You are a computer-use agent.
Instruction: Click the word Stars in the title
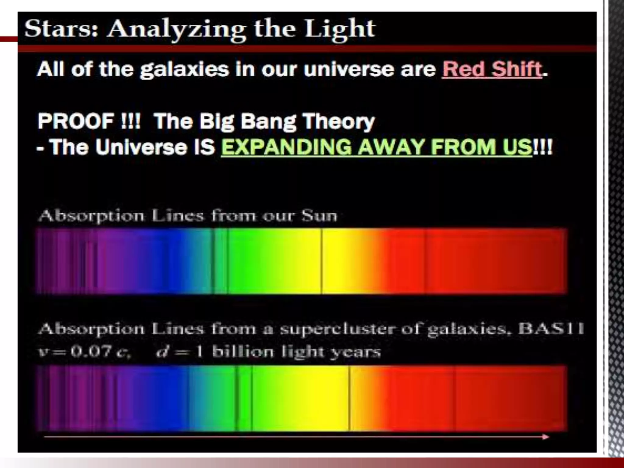(61, 29)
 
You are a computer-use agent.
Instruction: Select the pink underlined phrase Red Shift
(492, 69)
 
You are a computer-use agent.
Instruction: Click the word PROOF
(76, 121)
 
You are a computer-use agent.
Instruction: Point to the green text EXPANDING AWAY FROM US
(376, 147)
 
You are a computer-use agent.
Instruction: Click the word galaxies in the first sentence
(184, 70)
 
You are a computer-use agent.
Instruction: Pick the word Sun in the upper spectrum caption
(319, 216)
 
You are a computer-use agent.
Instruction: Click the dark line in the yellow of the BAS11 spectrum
(349, 398)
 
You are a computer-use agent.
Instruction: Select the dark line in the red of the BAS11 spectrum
(455, 398)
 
